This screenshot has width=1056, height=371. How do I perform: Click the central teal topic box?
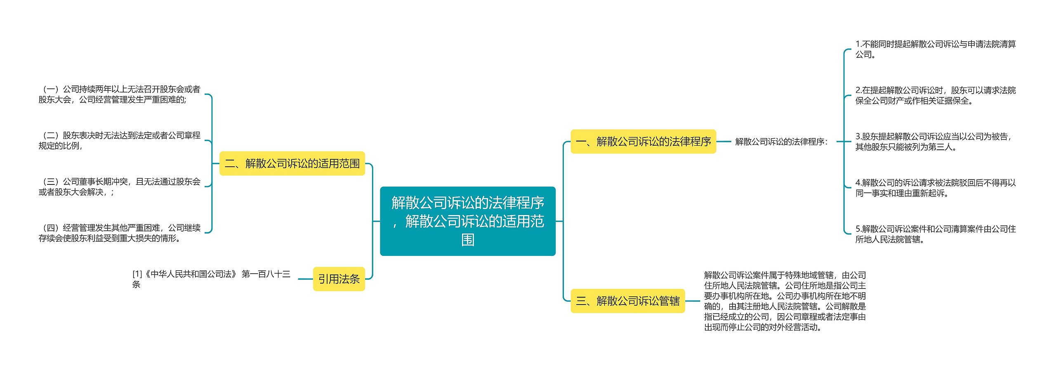pos(467,221)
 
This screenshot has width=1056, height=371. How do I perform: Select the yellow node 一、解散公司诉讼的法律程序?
pos(643,142)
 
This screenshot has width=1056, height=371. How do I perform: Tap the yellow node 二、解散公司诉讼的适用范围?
pos(292,163)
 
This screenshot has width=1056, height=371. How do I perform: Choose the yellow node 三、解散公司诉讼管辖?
pos(627,301)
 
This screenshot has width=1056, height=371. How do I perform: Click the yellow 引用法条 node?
pos(339,279)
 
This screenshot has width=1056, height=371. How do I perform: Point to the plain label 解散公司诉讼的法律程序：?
pos(781,142)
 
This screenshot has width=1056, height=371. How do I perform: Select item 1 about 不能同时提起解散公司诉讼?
pos(935,49)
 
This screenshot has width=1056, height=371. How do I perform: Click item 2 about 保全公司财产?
pos(935,95)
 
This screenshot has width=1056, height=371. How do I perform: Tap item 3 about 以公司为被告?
pos(933,142)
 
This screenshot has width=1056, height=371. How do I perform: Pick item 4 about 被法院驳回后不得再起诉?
pos(935,188)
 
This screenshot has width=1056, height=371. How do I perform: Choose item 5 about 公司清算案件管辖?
pos(935,234)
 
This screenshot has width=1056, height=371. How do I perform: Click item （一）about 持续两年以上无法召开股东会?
pos(119,94)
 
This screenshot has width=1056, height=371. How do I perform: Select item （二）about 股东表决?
pos(119,140)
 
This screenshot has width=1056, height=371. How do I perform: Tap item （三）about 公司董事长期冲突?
pos(119,187)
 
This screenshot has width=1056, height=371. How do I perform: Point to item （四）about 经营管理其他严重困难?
pos(119,233)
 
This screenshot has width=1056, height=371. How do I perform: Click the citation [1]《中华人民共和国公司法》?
pos(211,279)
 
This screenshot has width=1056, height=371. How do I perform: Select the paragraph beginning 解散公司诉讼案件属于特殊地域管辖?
pos(785,301)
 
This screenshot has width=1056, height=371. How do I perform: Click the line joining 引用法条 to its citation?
pos(305,279)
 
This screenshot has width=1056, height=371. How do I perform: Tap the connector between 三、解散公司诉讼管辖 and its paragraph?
pos(693,301)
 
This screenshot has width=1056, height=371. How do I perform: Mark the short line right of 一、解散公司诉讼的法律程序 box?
pos(724,142)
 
